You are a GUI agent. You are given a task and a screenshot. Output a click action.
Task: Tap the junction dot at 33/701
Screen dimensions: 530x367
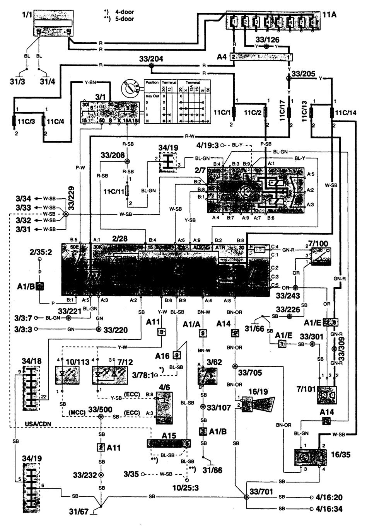tap(246, 497)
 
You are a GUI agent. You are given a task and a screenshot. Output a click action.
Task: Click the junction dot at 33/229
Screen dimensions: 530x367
tap(66, 214)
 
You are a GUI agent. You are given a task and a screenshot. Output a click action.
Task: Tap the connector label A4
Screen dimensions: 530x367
tap(223, 56)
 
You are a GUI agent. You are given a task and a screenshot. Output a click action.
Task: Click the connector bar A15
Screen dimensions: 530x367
tap(169, 443)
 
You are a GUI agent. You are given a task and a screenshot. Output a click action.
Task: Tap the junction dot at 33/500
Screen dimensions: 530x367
tap(101, 417)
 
